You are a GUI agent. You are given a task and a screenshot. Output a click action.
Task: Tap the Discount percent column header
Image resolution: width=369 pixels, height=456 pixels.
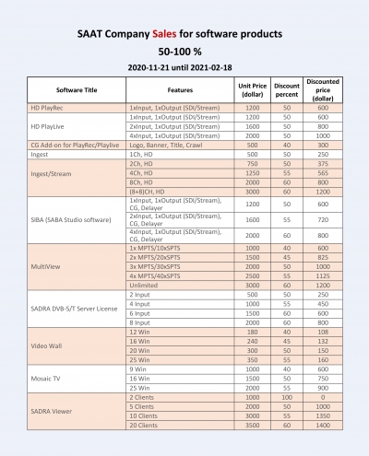click(x=286, y=89)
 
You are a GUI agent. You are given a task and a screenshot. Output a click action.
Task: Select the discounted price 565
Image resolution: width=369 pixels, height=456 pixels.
click(x=323, y=171)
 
